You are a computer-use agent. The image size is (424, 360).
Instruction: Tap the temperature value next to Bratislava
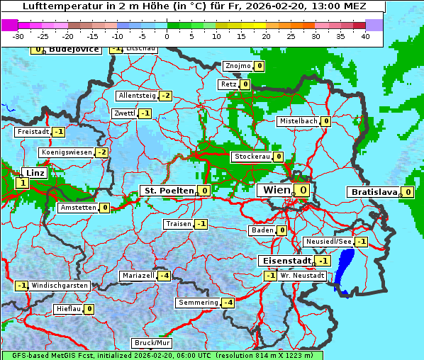[408, 192]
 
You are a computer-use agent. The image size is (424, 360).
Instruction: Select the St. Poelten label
[168, 191]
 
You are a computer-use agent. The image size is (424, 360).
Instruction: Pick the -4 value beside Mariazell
[164, 275]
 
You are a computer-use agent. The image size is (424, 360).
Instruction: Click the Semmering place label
[198, 303]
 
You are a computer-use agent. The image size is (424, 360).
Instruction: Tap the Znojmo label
[237, 66]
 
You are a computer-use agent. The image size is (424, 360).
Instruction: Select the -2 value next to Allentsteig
[165, 96]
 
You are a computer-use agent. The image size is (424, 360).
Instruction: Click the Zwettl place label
[124, 113]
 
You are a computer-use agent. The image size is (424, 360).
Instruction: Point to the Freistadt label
[33, 132]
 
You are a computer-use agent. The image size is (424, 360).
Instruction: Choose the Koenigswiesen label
[67, 152]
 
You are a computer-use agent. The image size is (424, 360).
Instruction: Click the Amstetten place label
[78, 208]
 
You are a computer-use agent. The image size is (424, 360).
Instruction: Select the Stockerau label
[252, 157]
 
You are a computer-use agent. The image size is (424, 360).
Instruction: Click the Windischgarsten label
[60, 286]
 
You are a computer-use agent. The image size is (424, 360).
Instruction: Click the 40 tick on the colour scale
[365, 35]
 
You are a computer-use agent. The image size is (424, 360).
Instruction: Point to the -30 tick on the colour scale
[18, 35]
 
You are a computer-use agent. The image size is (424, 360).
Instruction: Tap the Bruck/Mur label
[152, 343]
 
